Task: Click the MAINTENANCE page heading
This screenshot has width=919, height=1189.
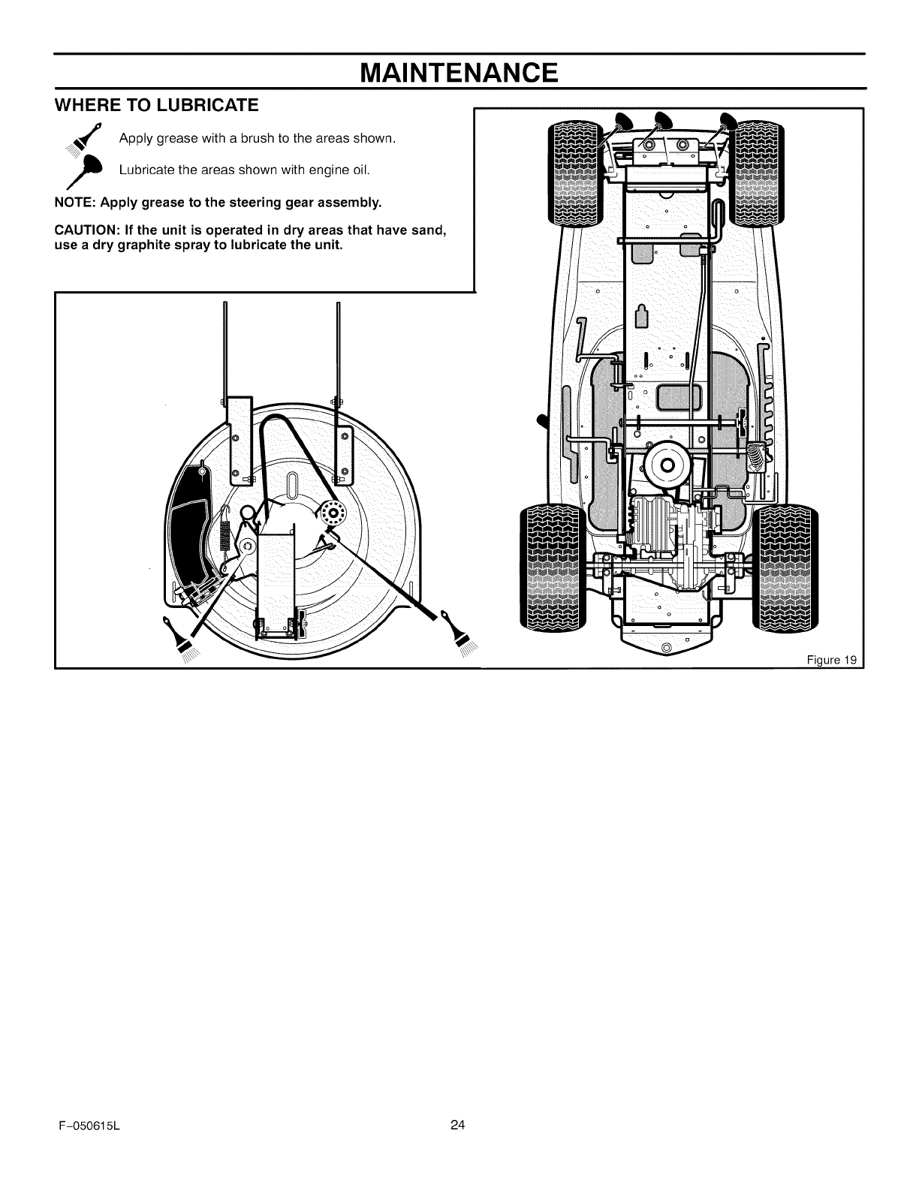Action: (459, 73)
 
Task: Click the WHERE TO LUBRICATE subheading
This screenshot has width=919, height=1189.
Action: (157, 105)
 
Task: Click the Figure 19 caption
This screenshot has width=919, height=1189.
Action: (831, 661)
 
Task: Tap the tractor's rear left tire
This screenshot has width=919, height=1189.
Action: (552, 567)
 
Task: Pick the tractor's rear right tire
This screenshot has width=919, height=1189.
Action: (785, 567)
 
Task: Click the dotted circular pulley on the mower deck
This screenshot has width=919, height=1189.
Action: (332, 515)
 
